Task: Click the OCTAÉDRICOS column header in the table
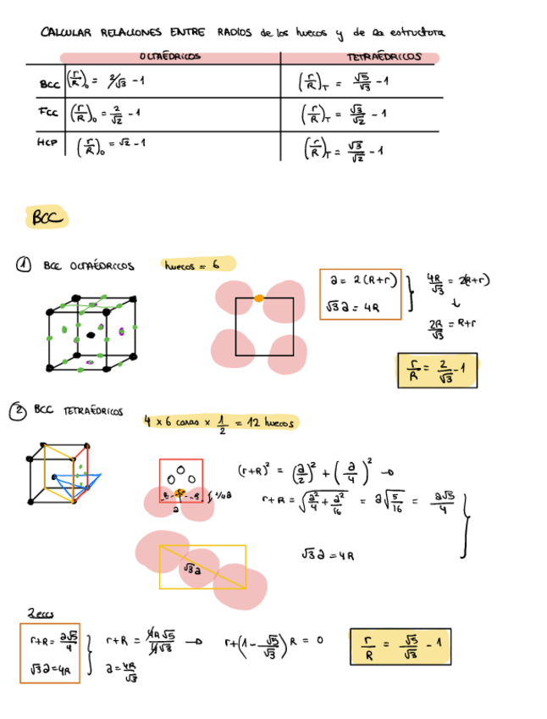(169, 57)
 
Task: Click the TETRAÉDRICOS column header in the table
(384, 57)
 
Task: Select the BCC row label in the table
(49, 85)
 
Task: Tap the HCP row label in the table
(47, 143)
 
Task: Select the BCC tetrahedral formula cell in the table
(343, 83)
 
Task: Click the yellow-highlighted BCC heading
(47, 218)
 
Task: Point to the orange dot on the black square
(259, 298)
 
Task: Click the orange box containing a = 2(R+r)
(360, 294)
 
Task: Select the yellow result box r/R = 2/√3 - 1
(437, 370)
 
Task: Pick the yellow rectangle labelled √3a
(202, 566)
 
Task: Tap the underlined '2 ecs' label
(40, 612)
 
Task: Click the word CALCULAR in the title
(66, 33)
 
